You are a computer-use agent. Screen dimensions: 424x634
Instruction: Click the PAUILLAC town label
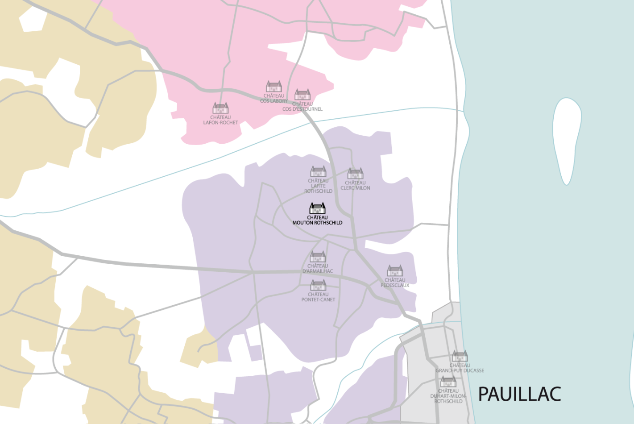519,394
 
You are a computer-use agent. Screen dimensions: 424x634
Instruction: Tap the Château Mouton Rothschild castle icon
317,208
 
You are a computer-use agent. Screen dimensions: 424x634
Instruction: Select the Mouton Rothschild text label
317,220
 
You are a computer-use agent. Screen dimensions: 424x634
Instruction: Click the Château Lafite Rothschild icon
318,171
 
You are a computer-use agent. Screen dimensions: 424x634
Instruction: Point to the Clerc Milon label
355,185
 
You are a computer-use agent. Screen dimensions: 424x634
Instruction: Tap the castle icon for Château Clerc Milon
355,173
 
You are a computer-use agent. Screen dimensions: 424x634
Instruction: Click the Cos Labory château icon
274,86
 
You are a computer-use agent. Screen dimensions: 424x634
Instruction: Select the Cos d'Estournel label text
302,107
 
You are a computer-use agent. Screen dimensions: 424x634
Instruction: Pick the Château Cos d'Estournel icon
302,95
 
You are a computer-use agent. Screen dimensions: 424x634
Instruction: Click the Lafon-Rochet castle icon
220,108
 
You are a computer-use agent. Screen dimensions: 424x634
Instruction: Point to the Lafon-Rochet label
220,120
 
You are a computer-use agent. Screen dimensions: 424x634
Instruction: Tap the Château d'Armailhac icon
318,257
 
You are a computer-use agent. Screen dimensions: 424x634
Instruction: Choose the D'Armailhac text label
318,269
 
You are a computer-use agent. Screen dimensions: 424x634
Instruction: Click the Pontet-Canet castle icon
318,285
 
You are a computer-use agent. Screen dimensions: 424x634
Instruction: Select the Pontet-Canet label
318,297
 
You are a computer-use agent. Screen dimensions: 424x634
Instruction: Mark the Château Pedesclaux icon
395,270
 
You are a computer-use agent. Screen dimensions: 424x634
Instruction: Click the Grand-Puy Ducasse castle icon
460,356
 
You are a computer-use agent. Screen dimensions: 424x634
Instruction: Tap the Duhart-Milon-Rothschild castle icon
448,382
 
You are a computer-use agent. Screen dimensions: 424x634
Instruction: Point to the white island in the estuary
567,138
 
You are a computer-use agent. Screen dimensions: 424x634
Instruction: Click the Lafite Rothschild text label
318,186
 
